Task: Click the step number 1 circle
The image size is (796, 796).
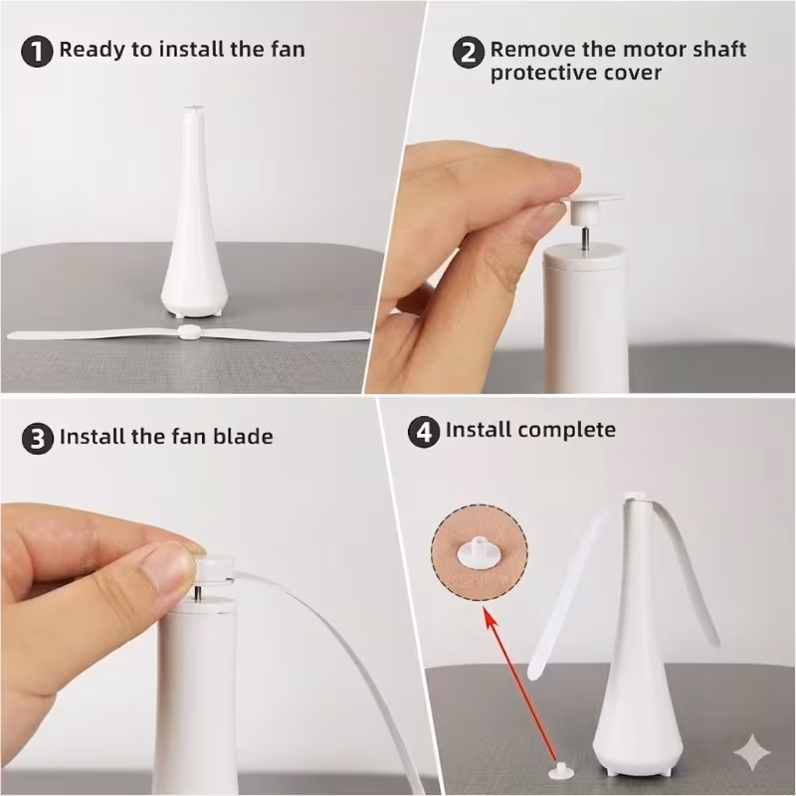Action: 37,52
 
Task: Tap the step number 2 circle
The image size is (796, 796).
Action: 468,53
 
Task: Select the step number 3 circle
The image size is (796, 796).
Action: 38,439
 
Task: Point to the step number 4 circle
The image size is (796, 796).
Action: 424,432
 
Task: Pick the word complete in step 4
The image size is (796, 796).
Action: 566,431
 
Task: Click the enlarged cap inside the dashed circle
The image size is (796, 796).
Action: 480,552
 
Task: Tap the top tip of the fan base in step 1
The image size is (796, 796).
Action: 193,108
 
